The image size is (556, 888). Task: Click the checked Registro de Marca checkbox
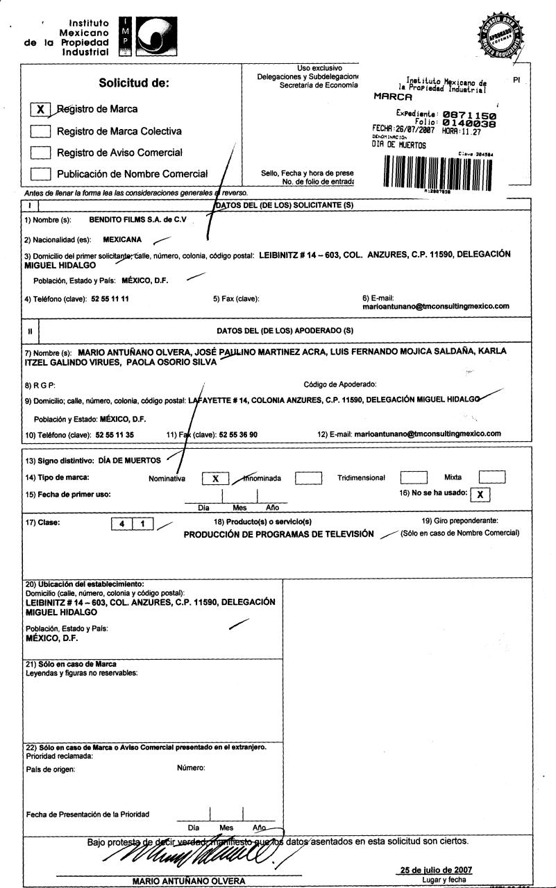42,110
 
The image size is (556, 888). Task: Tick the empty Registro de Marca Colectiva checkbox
42,131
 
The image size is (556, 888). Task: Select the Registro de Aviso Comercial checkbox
42,153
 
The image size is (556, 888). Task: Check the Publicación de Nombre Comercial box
42,174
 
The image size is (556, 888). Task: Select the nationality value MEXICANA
122,240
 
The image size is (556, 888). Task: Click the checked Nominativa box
216,478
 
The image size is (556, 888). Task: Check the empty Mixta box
492,477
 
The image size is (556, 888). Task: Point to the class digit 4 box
122,524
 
